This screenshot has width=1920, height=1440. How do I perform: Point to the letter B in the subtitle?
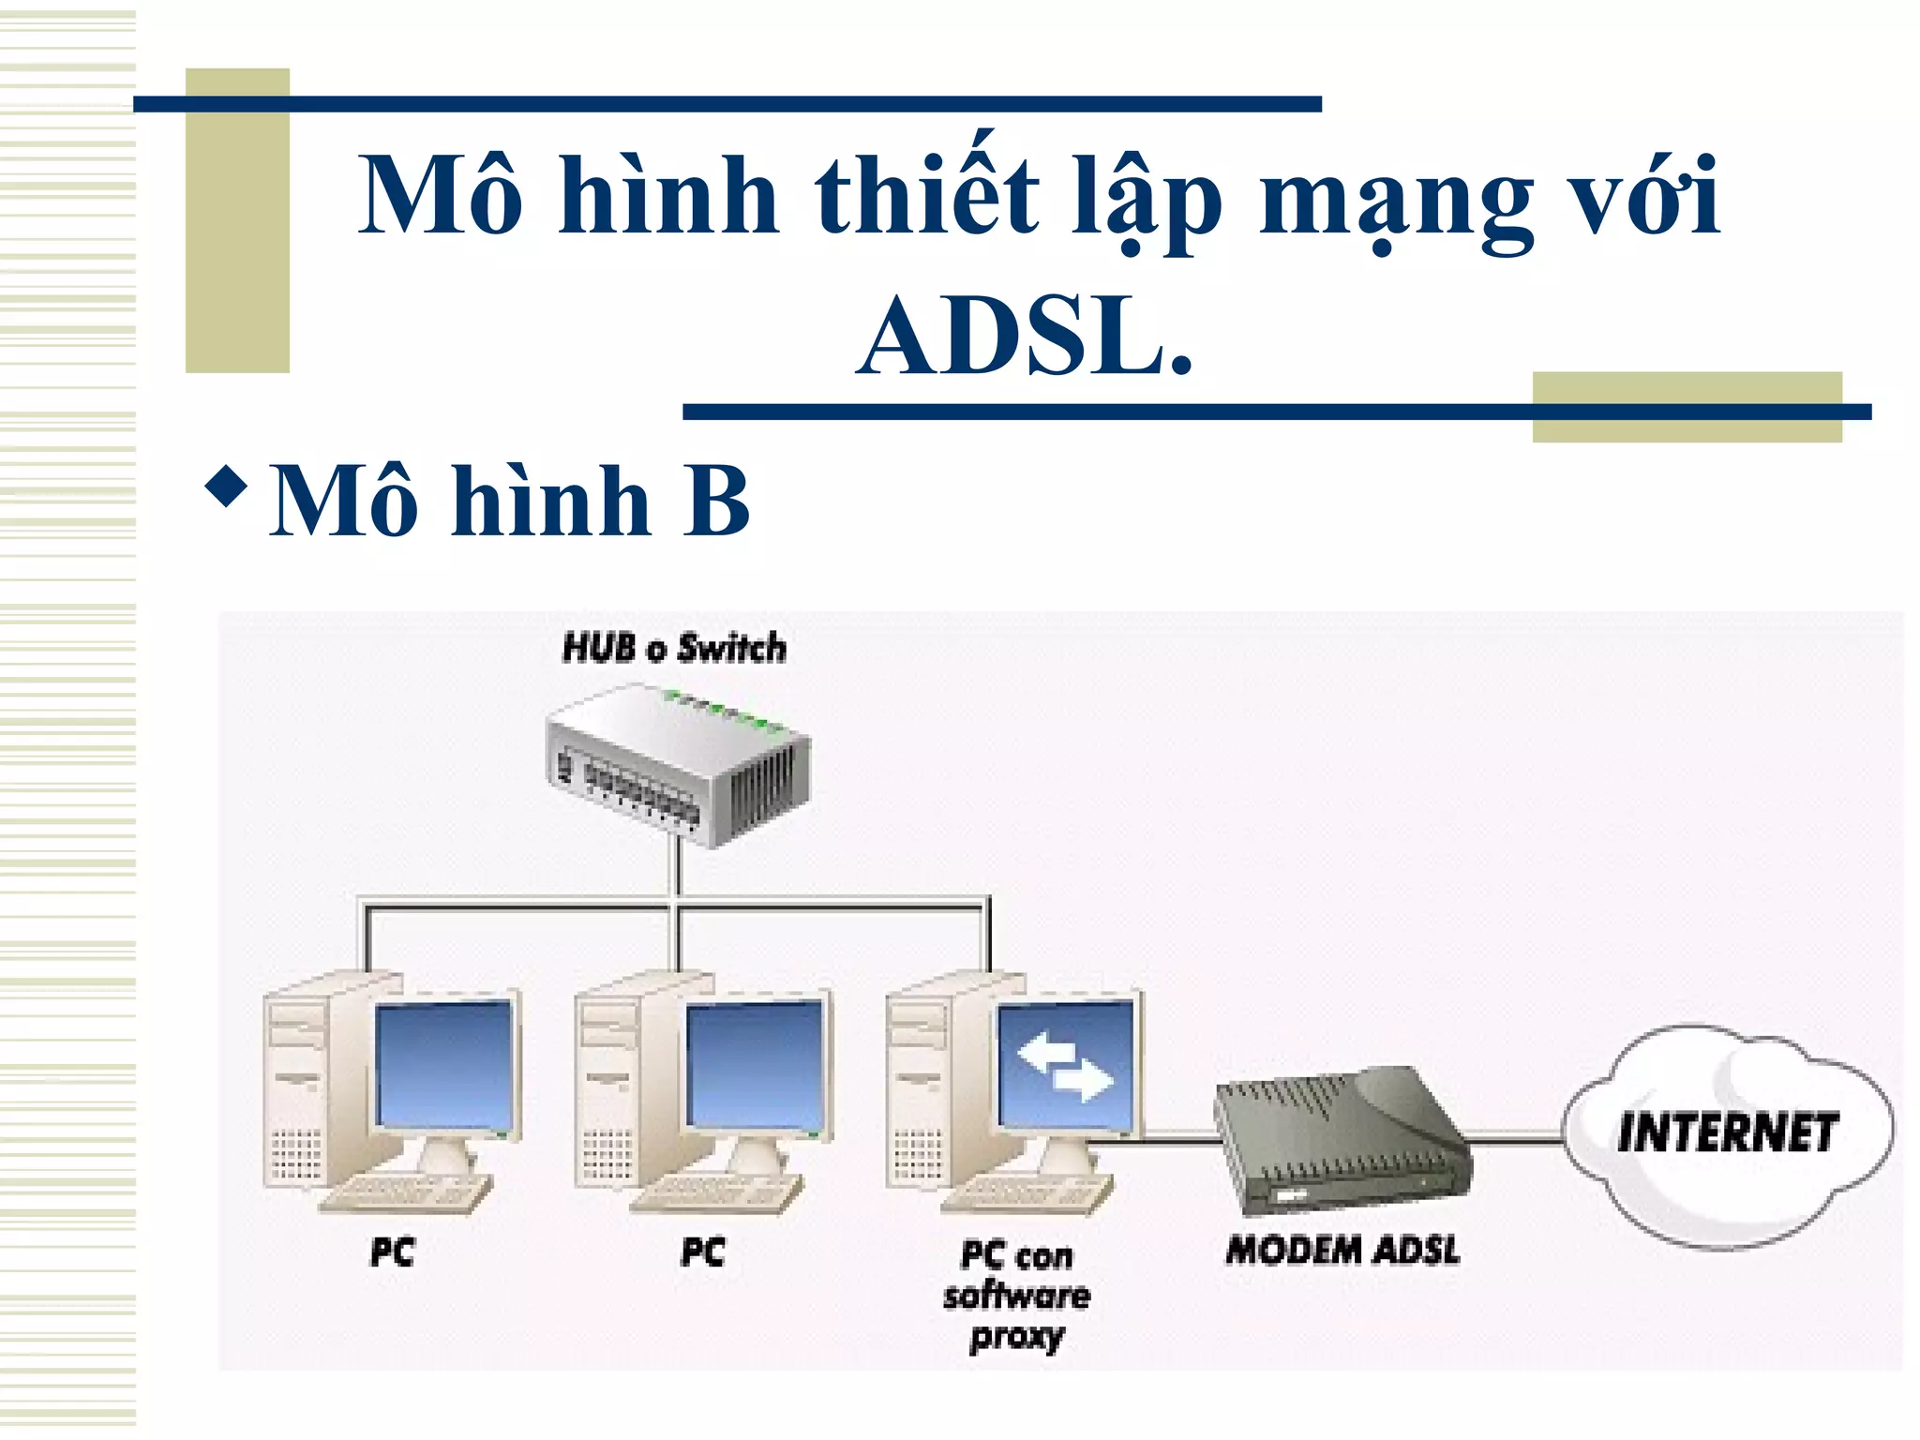(x=715, y=502)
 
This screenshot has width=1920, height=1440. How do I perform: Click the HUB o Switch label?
(x=673, y=648)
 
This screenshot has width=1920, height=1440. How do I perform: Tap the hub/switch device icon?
(x=677, y=764)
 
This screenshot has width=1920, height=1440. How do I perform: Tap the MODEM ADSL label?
(x=1342, y=1250)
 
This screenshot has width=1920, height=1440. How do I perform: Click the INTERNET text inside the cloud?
(x=1727, y=1132)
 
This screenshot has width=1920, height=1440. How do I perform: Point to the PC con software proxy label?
(x=1016, y=1296)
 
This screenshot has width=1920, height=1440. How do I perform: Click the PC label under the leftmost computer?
(x=392, y=1252)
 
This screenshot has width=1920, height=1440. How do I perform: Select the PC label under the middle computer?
(x=702, y=1252)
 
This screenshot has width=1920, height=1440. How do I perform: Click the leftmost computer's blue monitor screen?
(x=443, y=1064)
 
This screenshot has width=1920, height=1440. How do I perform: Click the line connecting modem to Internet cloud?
(x=1514, y=1137)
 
